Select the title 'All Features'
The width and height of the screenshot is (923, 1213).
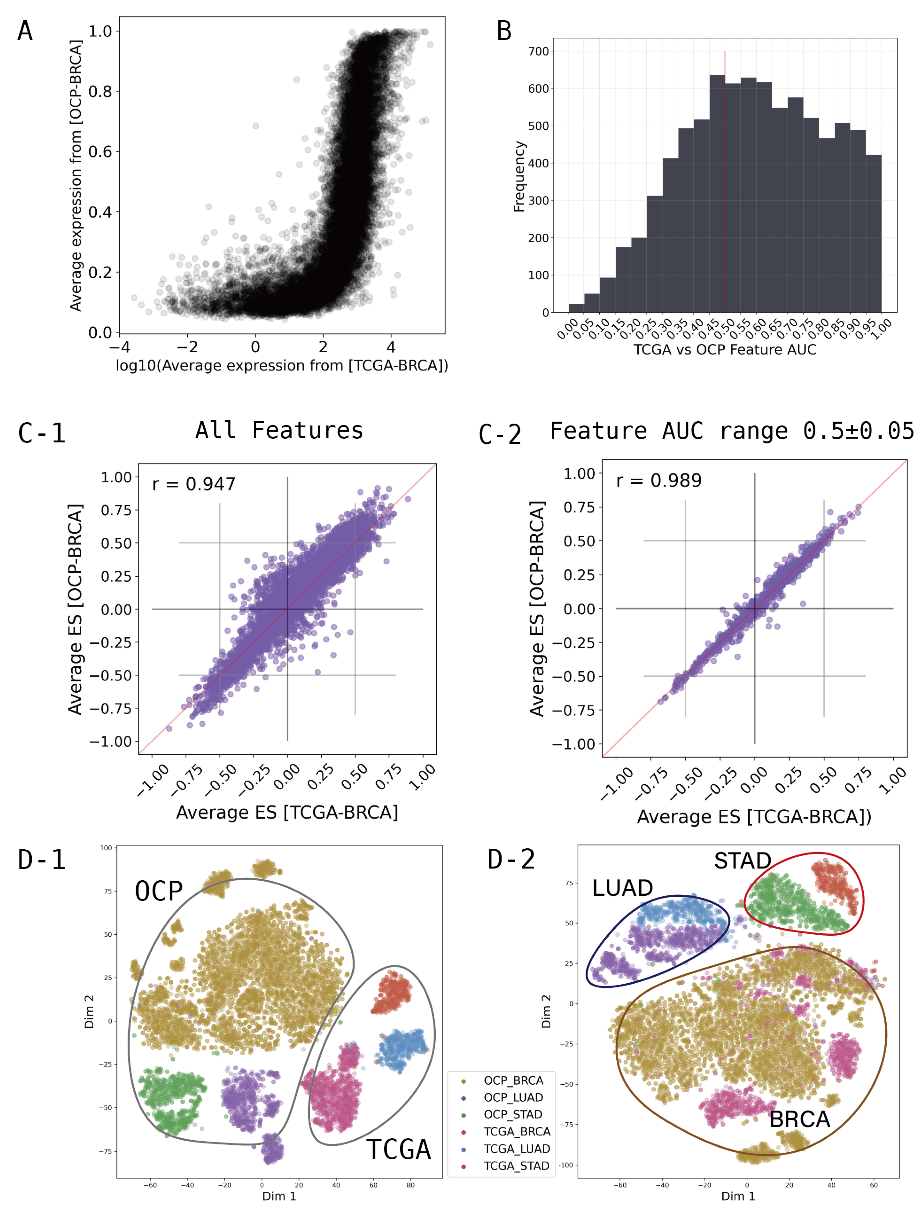click(x=279, y=430)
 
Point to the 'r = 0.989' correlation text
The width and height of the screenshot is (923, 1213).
click(x=659, y=480)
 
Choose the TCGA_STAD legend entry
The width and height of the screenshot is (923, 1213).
click(x=516, y=1166)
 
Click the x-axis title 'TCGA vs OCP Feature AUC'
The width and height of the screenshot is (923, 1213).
click(x=725, y=349)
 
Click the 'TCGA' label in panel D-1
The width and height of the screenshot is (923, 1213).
click(x=398, y=1149)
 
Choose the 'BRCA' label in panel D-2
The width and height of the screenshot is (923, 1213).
click(x=799, y=1119)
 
